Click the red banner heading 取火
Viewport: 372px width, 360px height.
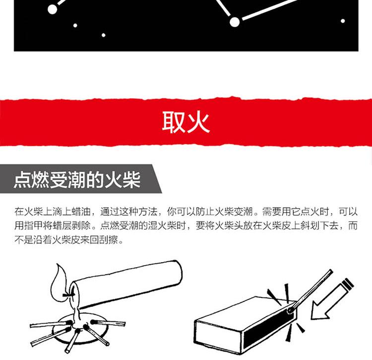click(186, 122)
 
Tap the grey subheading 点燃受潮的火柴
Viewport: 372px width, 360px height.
click(77, 179)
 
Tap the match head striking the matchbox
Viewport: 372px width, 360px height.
click(290, 310)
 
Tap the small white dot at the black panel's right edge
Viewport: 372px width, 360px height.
click(343, 21)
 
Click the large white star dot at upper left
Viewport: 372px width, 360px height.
click(53, 9)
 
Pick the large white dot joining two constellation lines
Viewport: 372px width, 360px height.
click(235, 22)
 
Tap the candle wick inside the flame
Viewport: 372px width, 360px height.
click(67, 295)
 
